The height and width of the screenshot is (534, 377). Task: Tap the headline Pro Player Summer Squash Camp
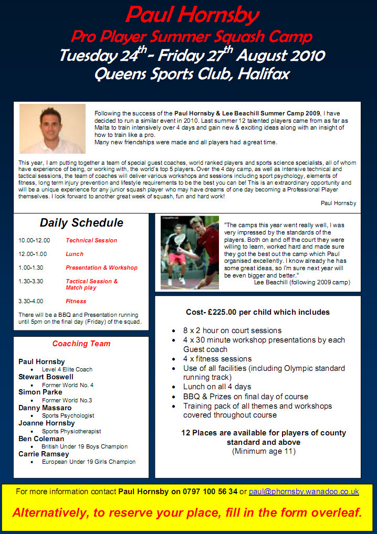click(192, 37)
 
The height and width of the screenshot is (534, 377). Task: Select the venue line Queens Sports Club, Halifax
click(192, 73)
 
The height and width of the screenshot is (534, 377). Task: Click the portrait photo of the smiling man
click(52, 129)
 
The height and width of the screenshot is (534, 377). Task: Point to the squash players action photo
click(190, 252)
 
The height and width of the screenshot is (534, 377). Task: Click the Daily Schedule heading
click(81, 222)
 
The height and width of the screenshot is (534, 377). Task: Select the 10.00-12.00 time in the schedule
click(34, 240)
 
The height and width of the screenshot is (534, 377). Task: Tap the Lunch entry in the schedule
click(75, 254)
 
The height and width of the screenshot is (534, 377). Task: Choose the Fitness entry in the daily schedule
click(76, 301)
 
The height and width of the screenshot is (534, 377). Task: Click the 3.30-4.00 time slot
click(31, 301)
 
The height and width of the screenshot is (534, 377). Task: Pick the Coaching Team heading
click(81, 344)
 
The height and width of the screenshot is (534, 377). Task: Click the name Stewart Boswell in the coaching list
click(46, 377)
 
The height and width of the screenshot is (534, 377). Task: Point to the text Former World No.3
click(67, 400)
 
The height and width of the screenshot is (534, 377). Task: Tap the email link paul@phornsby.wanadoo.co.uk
click(303, 492)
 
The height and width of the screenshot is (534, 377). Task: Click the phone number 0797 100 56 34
click(210, 492)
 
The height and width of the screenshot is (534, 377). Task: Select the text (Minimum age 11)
click(264, 451)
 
